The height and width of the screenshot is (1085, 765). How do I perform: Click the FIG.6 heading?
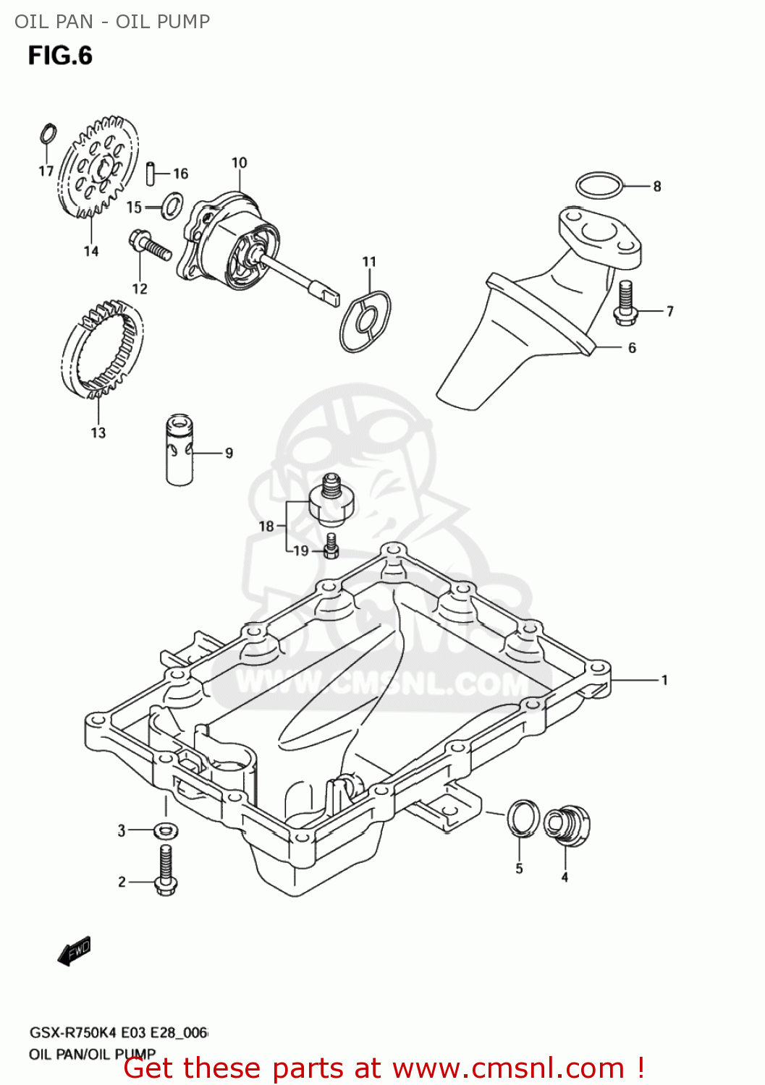pos(60,56)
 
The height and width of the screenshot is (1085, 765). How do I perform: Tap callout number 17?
pos(46,171)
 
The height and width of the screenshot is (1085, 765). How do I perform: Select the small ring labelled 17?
pos(47,133)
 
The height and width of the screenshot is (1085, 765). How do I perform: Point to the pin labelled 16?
pos(151,173)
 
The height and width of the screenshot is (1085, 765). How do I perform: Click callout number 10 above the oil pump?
pos(239,163)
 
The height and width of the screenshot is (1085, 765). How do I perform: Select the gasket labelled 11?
pos(365,321)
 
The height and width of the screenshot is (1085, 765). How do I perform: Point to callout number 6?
pos(632,348)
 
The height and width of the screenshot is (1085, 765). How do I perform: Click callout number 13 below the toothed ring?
pos(98,433)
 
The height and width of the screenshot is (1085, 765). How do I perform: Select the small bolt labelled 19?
pos(331,546)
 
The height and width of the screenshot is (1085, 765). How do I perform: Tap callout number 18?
pos(266,526)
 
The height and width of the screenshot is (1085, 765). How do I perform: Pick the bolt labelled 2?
pos(166,871)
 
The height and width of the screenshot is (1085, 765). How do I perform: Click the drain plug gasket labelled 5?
pos(523,817)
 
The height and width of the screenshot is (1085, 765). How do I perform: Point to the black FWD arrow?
pos(75,950)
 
